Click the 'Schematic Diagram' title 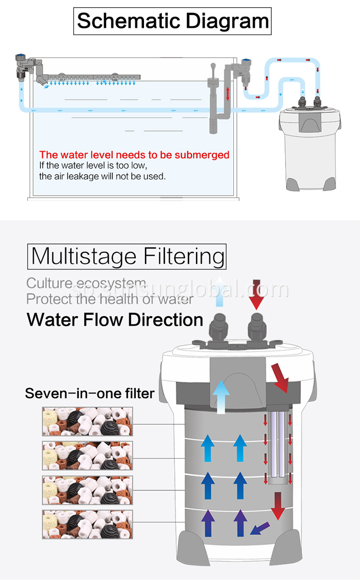(172, 22)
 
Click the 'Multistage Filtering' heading (127, 256)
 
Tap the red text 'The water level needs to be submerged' (134, 155)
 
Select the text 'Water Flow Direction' (115, 320)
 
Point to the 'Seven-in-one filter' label (90, 394)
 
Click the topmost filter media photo (87, 422)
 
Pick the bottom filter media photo (87, 524)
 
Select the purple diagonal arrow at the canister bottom (260, 528)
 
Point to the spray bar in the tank (91, 77)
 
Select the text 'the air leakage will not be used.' (102, 176)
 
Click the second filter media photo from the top (87, 455)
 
